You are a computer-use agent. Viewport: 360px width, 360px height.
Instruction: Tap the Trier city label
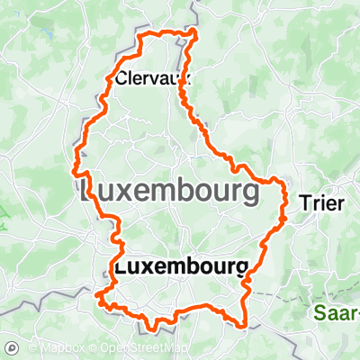pyautogui.click(x=321, y=203)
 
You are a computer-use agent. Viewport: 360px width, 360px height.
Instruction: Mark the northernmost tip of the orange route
pyautogui.click(x=196, y=31)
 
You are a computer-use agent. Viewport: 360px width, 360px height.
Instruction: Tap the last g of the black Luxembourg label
pyautogui.click(x=240, y=268)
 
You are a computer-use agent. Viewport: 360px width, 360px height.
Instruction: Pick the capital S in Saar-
pyautogui.click(x=321, y=314)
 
